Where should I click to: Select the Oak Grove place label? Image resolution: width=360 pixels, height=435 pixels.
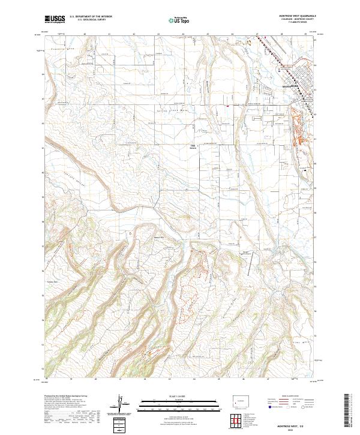(193, 146)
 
